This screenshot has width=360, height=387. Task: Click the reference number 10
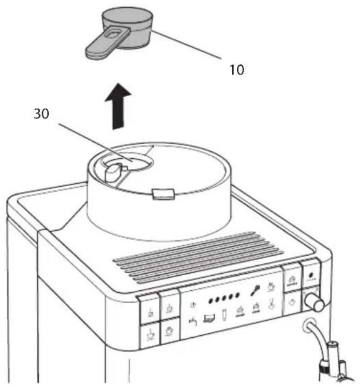tap(236, 70)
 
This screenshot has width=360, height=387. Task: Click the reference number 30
tap(41, 114)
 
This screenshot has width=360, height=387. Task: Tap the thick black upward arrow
tap(118, 106)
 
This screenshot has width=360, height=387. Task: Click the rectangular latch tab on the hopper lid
tap(163, 194)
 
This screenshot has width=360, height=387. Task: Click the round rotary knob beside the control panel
tap(314, 302)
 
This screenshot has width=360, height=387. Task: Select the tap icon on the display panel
tap(193, 322)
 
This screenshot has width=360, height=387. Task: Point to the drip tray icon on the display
tap(209, 318)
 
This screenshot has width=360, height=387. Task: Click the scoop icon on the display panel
tap(255, 290)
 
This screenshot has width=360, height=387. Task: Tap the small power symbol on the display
tap(193, 305)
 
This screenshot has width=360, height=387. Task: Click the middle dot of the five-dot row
tap(224, 298)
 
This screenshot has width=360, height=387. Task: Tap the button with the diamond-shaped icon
tap(292, 303)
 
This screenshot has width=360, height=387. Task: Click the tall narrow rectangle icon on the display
tap(224, 315)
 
